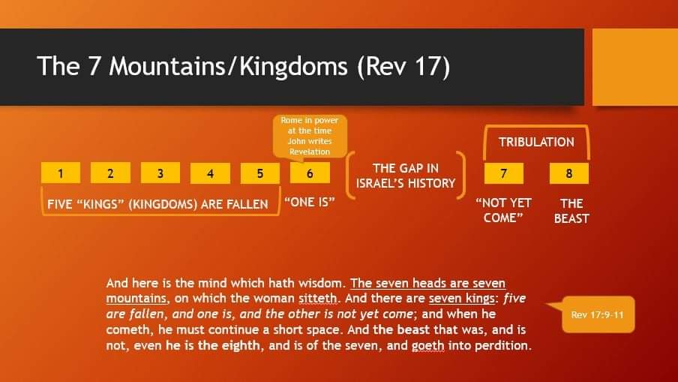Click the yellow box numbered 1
61,173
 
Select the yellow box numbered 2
110,173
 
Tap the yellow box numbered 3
160,173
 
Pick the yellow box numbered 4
210,173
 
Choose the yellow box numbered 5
259,173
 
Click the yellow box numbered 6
310,173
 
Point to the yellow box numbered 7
504,173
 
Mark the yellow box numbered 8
569,173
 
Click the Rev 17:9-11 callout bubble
598,314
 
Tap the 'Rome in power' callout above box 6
310,136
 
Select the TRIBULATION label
536,142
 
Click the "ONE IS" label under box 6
310,202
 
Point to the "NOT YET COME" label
503,210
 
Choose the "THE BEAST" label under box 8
571,211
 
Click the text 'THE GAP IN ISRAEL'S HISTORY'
406,176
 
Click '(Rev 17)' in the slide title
403,67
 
